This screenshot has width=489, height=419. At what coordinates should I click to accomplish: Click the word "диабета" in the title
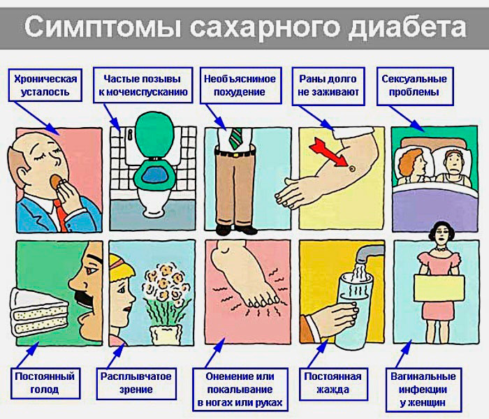407,28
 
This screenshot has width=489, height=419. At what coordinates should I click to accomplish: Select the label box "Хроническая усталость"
45,85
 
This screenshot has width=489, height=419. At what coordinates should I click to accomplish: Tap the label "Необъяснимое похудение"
240,85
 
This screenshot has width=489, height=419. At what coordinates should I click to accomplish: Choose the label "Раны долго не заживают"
328,86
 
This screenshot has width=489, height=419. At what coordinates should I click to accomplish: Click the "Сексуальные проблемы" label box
415,86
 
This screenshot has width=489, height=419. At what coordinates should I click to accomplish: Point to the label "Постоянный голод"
45,383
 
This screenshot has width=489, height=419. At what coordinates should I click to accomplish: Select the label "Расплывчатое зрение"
136,383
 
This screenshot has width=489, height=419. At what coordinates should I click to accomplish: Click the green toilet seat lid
154,134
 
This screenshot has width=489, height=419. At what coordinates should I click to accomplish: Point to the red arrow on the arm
329,153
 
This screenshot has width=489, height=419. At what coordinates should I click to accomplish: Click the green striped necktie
235,138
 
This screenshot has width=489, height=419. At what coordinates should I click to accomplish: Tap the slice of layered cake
38,311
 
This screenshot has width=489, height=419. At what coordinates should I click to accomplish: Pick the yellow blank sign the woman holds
439,288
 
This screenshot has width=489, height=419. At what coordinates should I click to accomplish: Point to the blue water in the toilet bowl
155,175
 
